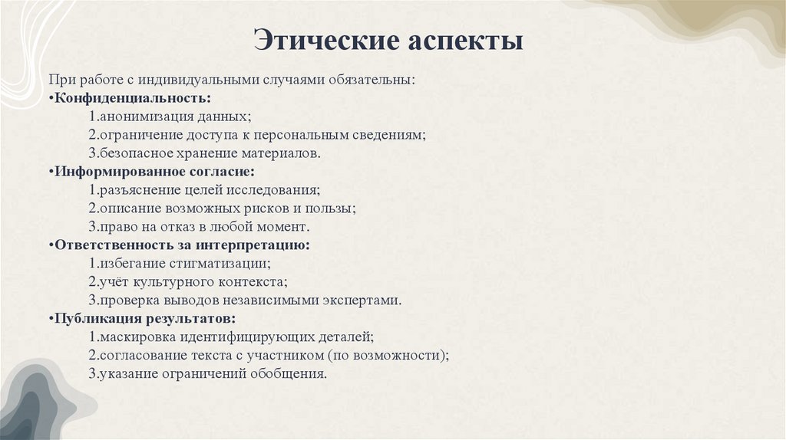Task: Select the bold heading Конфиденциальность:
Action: point(132,98)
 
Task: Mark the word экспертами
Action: point(365,300)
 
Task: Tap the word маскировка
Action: point(134,337)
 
